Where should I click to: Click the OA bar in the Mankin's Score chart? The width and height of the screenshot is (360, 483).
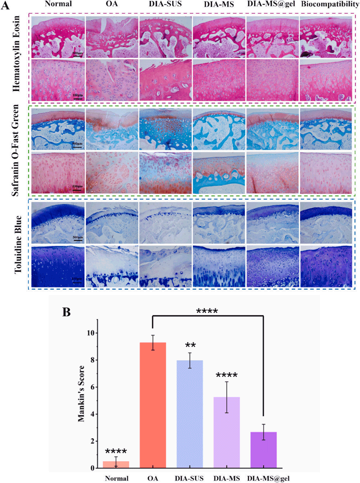tap(153, 405)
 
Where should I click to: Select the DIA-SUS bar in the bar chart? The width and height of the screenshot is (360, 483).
tap(190, 414)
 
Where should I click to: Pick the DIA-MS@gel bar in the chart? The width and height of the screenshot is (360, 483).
tap(263, 450)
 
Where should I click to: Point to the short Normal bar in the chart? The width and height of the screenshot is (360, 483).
tap(116, 465)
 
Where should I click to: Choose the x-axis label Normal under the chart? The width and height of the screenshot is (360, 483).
tap(116, 478)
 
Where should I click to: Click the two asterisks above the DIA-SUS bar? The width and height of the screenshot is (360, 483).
tap(190, 345)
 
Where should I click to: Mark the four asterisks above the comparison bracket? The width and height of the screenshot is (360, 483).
tap(207, 311)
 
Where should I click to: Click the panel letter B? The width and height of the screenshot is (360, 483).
tap(66, 312)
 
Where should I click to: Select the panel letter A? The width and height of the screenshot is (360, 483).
tap(6, 6)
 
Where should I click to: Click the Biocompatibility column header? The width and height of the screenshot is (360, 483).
tap(330, 5)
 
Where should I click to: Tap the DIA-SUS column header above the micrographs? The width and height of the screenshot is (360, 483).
tap(165, 5)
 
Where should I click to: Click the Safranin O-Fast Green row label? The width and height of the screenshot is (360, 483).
tap(15, 150)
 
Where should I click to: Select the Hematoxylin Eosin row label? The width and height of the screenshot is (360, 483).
tap(16, 54)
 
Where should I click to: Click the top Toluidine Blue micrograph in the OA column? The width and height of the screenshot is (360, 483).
tap(112, 223)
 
